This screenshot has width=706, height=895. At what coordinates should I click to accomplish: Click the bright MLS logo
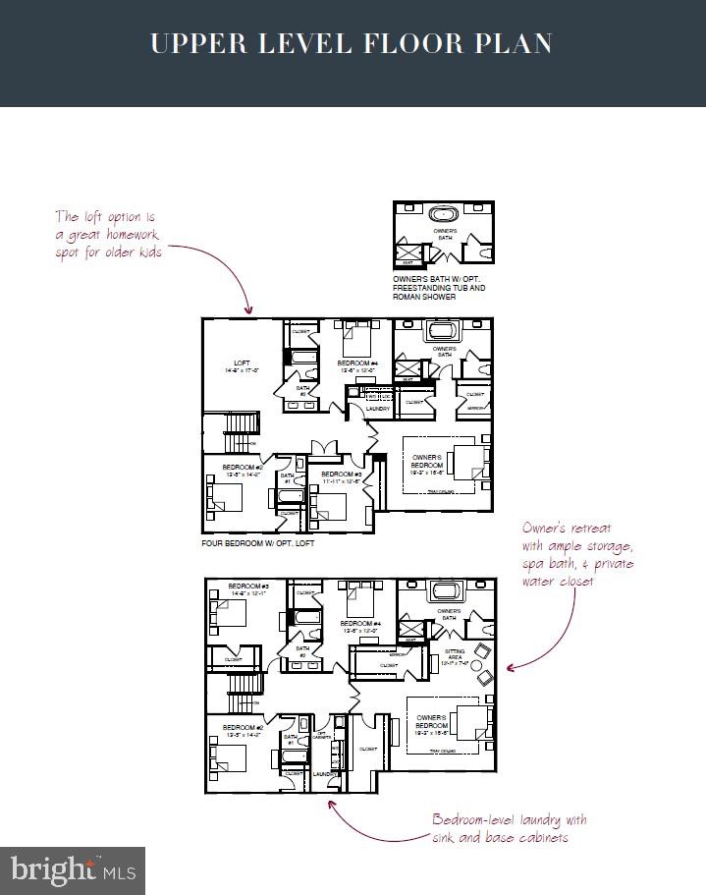click(x=73, y=869)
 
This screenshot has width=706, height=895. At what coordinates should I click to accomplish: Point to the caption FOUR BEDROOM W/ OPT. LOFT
click(x=266, y=542)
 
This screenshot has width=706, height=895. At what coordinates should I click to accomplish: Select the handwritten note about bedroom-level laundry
click(x=510, y=828)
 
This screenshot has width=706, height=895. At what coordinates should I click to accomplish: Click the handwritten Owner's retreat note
click(x=577, y=553)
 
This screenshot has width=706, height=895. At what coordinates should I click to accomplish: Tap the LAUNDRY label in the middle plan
click(x=378, y=408)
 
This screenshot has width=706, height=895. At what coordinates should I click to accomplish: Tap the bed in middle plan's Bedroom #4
click(x=354, y=344)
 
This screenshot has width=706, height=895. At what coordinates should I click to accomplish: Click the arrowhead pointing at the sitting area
click(x=510, y=668)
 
